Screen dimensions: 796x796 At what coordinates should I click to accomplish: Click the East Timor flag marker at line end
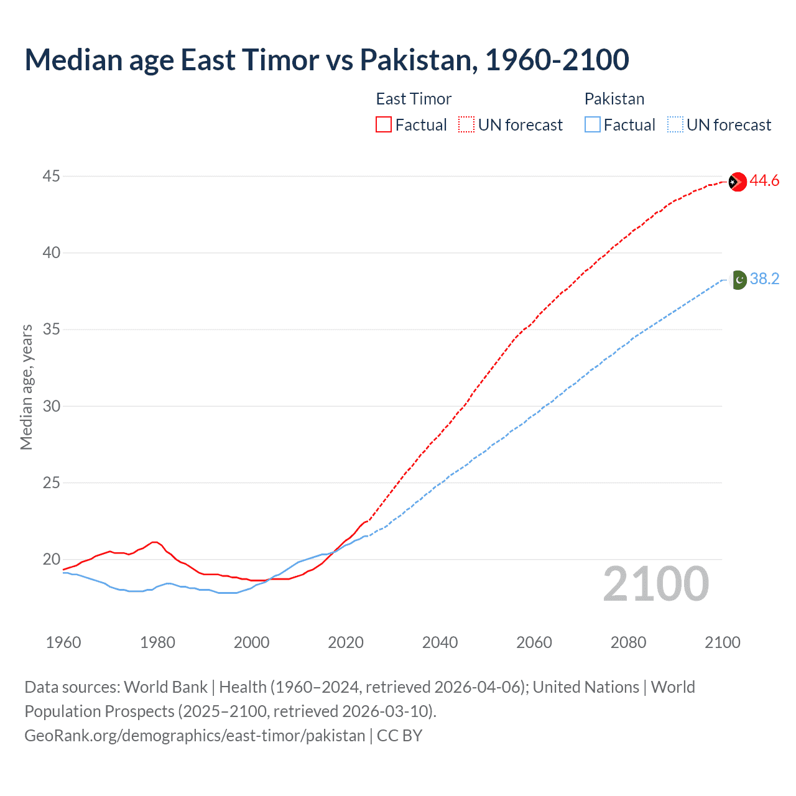[x=737, y=182]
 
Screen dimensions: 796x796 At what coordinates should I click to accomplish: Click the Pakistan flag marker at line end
[x=738, y=280]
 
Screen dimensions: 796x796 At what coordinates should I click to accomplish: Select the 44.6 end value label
[x=764, y=181]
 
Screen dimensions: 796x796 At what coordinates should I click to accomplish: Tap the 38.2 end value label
[x=764, y=279]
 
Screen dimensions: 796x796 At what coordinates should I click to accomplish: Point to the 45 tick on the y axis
[x=51, y=177]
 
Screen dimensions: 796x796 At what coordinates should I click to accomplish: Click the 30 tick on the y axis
[x=51, y=406]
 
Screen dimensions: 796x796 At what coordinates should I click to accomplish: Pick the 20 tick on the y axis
[x=51, y=559]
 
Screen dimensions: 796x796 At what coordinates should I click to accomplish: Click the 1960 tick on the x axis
[x=63, y=642]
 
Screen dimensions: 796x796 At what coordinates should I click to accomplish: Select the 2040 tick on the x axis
[x=440, y=642]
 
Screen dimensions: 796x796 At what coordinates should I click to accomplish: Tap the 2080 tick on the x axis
[x=628, y=642]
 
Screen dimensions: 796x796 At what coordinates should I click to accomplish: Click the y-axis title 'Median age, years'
[x=26, y=387]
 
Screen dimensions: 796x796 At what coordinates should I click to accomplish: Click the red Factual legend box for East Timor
[x=384, y=125]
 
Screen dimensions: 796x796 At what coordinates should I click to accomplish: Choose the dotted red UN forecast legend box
[x=466, y=125]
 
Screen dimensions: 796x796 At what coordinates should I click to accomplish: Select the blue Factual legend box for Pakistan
[x=593, y=125]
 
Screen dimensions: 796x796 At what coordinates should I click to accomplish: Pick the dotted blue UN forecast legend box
[x=675, y=125]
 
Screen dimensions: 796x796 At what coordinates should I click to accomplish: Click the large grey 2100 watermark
[x=655, y=584]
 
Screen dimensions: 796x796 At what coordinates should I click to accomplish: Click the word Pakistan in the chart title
[x=419, y=60]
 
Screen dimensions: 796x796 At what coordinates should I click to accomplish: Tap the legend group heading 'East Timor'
[x=414, y=99]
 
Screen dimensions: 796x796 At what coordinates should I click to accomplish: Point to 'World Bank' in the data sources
[x=165, y=687]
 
